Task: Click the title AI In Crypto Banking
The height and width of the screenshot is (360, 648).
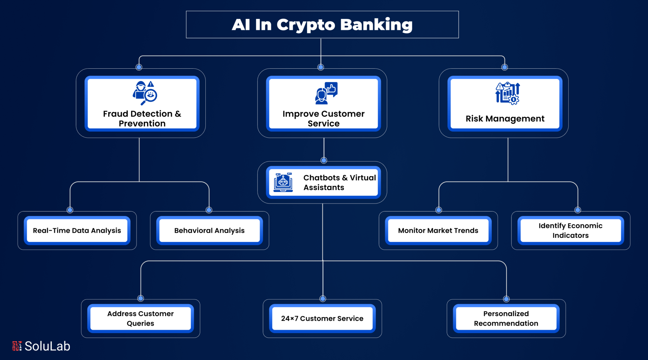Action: (x=322, y=25)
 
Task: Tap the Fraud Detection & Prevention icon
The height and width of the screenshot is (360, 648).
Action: (x=145, y=93)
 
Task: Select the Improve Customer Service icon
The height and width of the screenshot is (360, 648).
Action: (x=326, y=93)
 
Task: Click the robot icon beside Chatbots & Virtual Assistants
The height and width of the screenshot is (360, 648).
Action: (x=283, y=182)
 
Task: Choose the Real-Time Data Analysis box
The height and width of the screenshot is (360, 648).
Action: (x=77, y=230)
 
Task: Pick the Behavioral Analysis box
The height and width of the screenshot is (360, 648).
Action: (x=209, y=230)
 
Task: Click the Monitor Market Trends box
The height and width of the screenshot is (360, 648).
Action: (x=438, y=230)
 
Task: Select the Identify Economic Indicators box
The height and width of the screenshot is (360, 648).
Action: (x=570, y=230)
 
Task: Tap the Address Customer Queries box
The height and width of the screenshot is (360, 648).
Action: (x=140, y=318)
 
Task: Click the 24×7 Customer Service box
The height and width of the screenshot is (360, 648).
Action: (x=322, y=318)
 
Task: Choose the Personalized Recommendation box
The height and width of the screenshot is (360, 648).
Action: (x=506, y=318)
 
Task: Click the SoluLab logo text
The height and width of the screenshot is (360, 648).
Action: (x=47, y=346)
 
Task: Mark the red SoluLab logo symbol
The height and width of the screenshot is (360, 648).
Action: (x=17, y=346)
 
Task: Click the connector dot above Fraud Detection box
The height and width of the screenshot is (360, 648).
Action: (x=139, y=67)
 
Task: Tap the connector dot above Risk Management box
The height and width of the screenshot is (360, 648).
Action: (x=505, y=67)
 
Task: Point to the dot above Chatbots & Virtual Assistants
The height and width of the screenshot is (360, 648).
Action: (x=324, y=160)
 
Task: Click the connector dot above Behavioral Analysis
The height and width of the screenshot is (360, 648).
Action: (x=209, y=210)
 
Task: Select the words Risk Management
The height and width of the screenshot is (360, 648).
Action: (x=505, y=119)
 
